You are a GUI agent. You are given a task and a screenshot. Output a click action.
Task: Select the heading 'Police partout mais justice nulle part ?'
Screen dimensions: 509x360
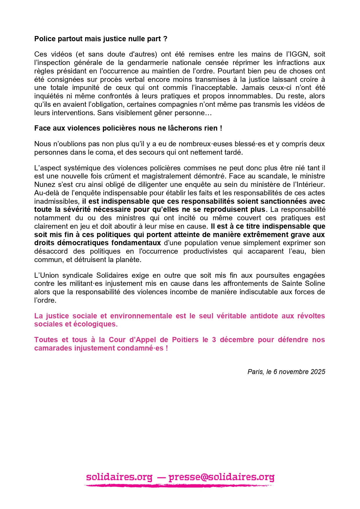(x=101, y=39)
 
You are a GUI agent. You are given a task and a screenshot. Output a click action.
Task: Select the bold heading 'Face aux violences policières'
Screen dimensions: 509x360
(x=128, y=128)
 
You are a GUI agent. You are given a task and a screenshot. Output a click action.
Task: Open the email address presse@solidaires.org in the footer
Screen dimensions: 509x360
(x=221, y=477)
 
